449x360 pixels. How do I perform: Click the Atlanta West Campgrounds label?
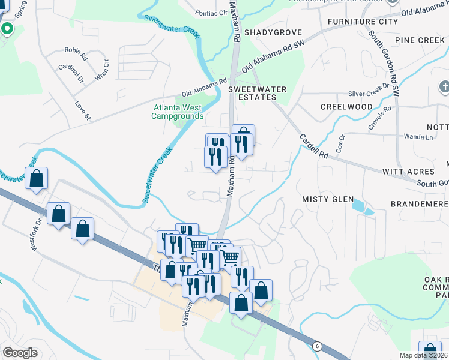(178, 112)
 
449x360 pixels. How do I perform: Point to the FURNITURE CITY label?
(363, 22)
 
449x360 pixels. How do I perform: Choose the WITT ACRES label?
(408, 172)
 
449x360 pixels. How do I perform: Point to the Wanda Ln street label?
(420, 137)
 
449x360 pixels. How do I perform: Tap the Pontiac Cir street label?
(212, 12)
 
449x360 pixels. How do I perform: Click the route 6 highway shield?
(316, 346)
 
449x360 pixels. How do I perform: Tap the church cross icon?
(444, 88)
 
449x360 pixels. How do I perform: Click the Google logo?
(20, 353)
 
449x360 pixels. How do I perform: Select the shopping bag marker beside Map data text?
(430, 350)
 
